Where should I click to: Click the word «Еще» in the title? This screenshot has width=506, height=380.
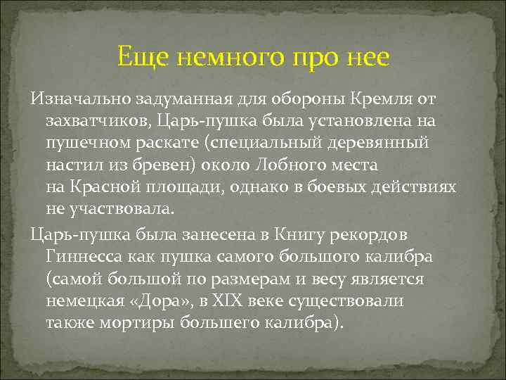139,56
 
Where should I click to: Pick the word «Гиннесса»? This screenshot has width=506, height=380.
81,256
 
